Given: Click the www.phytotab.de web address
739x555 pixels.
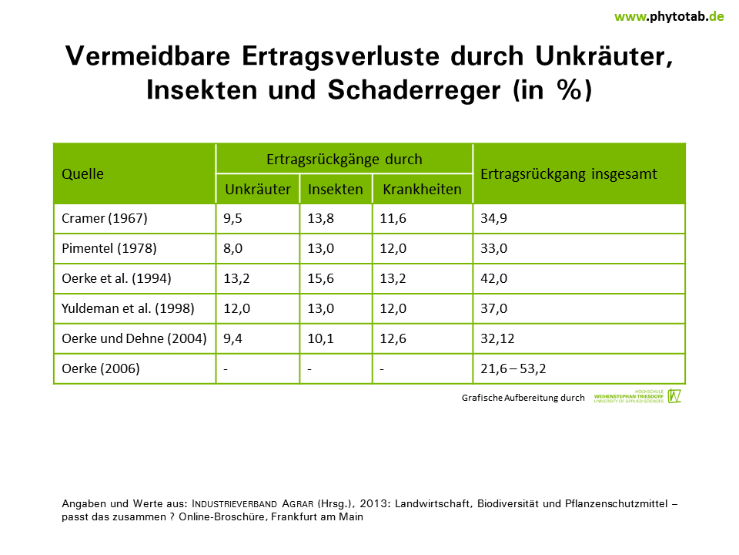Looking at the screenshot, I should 669,16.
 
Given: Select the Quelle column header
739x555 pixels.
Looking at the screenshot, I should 82,173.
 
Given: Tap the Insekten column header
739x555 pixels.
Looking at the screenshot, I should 336,189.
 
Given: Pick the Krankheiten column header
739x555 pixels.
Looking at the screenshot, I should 422,189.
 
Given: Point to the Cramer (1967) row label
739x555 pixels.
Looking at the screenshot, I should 104,218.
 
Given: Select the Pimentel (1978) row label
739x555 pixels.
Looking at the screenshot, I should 109,248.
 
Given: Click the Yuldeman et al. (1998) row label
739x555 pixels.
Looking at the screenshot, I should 128,308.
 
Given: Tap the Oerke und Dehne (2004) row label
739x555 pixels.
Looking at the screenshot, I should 134,338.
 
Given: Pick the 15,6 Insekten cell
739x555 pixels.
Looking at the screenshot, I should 320,278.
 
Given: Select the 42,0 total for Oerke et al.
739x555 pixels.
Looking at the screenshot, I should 493,278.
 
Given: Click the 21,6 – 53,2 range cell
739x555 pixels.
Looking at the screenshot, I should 513,368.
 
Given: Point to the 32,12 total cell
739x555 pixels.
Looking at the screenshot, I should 497,338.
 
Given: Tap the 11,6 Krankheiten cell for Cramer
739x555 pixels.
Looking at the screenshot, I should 393,218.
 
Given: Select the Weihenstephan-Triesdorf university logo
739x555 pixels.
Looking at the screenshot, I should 637,396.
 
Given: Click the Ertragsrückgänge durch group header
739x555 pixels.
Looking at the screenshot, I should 344,160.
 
